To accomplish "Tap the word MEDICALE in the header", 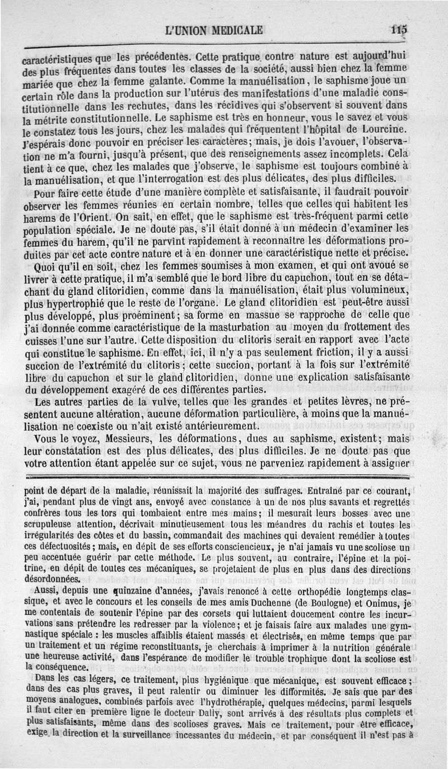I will (x=236, y=30).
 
